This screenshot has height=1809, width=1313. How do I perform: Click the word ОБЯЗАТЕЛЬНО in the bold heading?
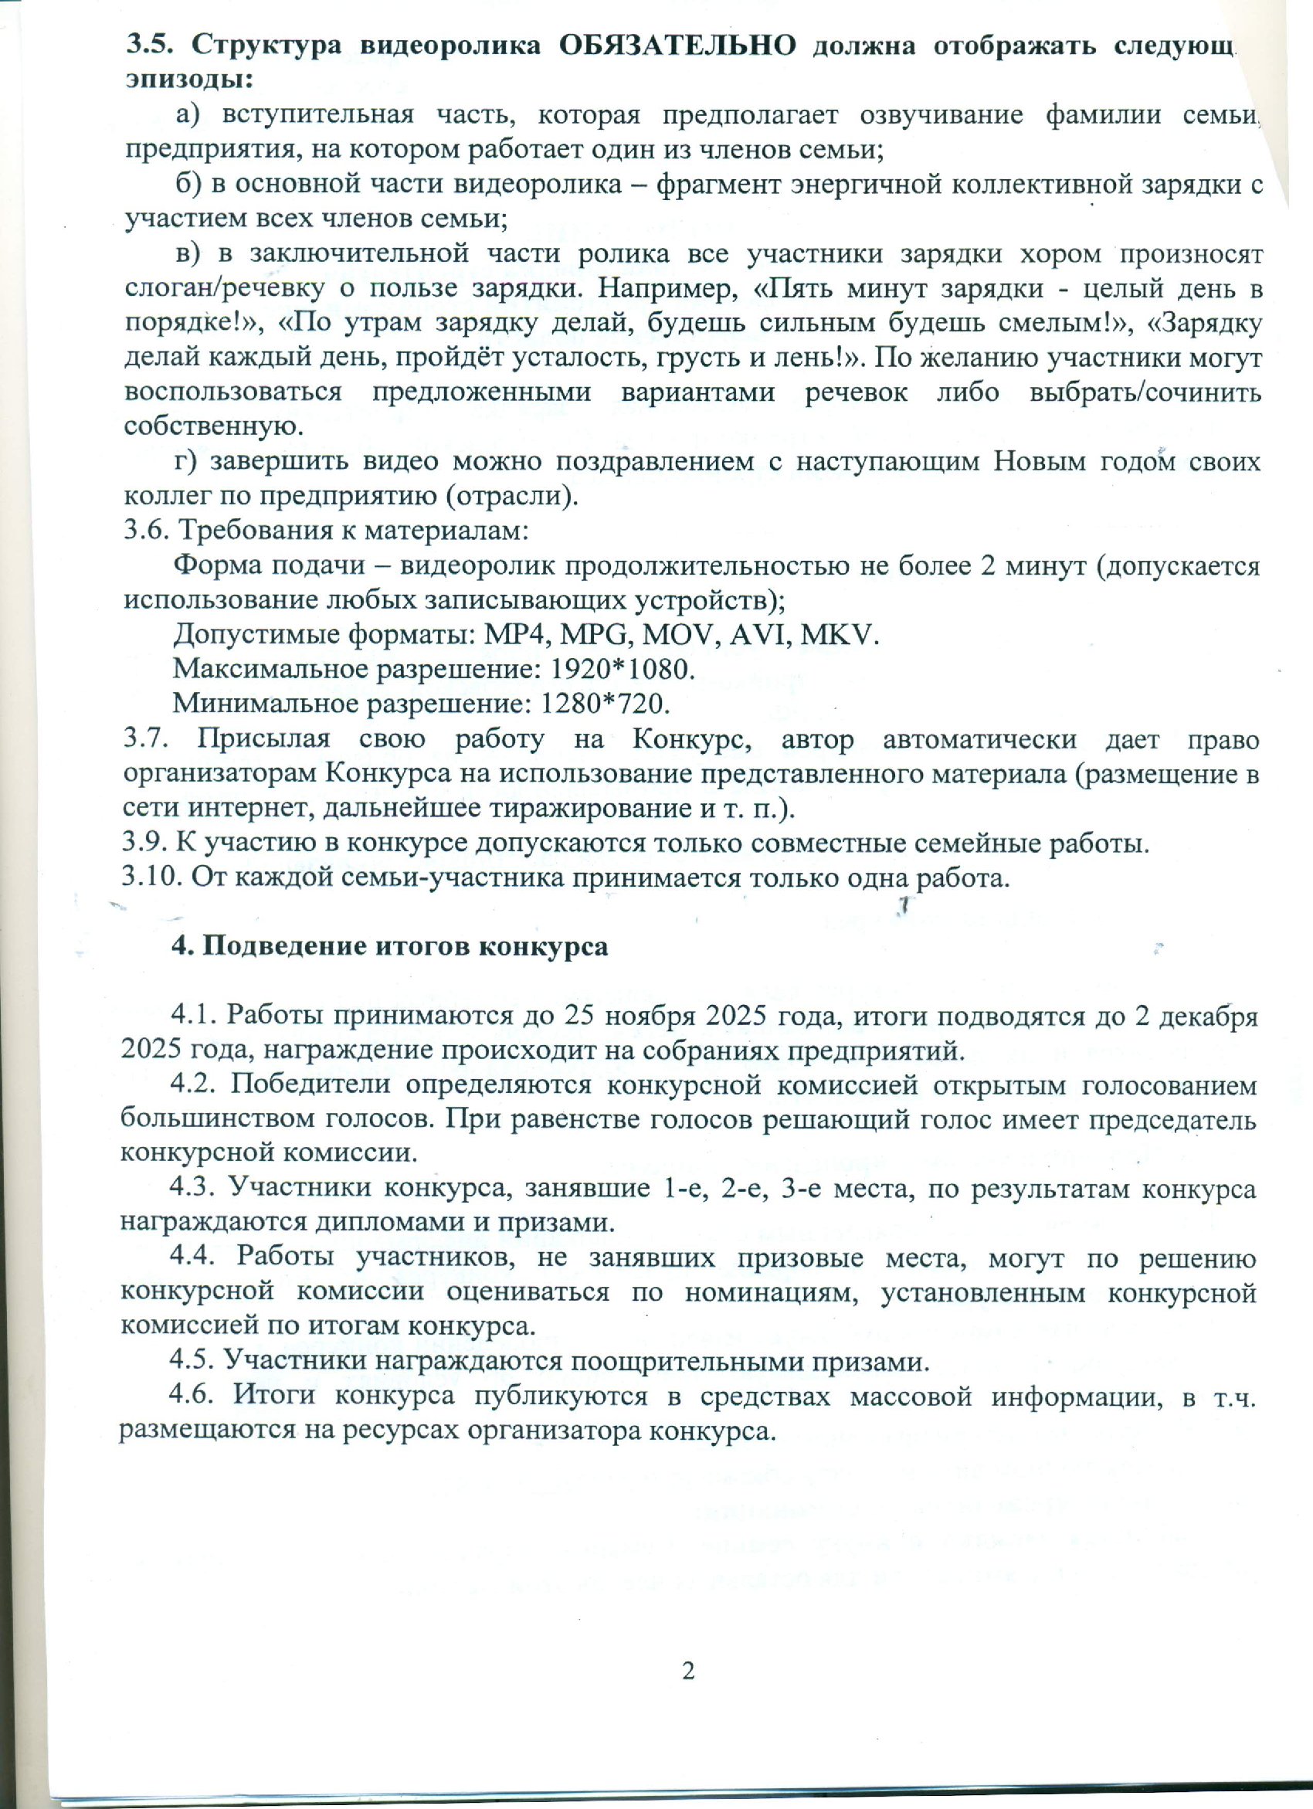click(677, 46)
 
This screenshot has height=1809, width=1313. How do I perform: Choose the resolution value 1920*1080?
click(623, 669)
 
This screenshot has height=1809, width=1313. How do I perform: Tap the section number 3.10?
click(151, 877)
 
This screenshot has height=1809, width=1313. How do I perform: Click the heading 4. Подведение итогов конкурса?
click(390, 947)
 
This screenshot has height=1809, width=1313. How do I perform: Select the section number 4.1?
click(194, 1016)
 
